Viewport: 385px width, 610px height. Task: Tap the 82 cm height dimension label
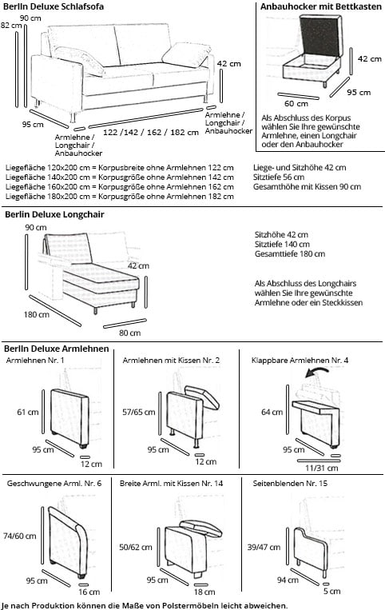10,25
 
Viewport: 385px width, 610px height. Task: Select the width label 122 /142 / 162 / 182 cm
151,132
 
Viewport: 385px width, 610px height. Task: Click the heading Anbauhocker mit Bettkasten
320,6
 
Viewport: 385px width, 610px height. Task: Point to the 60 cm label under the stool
296,103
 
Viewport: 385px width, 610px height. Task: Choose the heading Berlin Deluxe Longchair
54,214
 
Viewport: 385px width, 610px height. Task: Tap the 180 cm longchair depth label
36,314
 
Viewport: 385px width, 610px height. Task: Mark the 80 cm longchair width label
129,333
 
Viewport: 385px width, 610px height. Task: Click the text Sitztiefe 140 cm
282,244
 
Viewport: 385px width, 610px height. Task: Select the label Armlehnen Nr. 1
35,361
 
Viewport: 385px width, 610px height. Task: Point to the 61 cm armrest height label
27,413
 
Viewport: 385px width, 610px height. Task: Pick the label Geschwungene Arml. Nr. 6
54,484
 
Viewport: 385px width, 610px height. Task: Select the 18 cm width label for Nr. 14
204,592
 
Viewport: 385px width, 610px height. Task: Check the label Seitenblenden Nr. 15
289,484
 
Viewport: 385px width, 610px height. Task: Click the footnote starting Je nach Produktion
144,604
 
